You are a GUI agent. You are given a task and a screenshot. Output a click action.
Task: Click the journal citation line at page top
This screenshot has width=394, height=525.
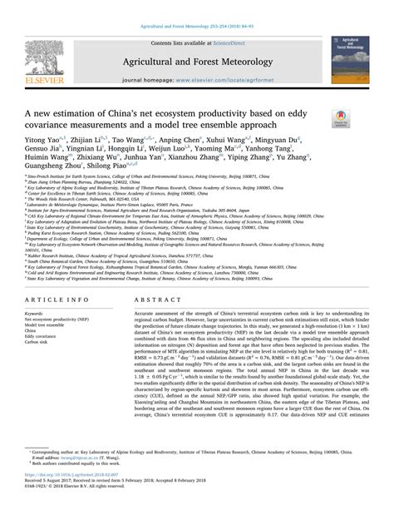pos(197,6)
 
